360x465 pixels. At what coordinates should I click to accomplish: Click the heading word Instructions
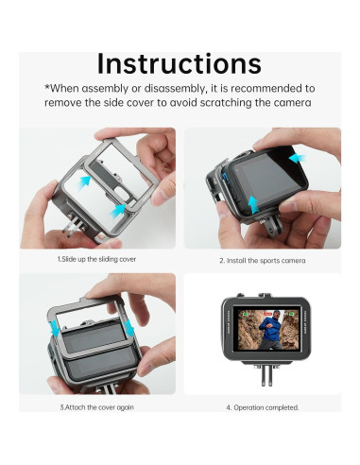pos(180,64)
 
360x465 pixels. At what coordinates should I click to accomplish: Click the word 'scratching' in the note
pos(226,103)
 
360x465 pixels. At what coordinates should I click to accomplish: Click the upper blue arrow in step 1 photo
pos(84,182)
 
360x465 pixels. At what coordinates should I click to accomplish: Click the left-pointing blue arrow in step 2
pos(297,158)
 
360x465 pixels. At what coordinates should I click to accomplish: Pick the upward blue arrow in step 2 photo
pos(253,204)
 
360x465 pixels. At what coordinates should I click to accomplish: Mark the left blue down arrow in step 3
pos(55,327)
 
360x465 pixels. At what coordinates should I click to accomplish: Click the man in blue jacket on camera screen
pos(270,329)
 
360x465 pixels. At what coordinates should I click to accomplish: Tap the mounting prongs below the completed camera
pos(266,375)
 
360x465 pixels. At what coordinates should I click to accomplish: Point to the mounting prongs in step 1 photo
pos(74,225)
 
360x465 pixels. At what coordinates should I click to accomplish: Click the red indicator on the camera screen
pos(267,314)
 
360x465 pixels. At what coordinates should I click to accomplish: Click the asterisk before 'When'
pos(47,87)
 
